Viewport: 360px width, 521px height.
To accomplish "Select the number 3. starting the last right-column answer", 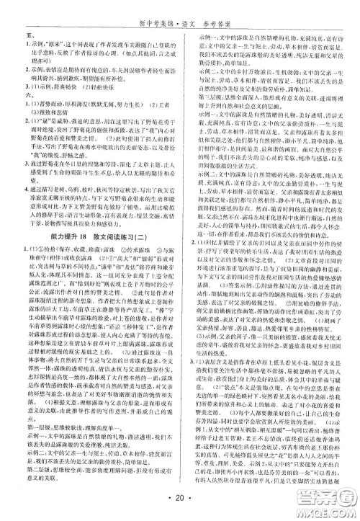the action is pyautogui.click(x=189, y=318).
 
